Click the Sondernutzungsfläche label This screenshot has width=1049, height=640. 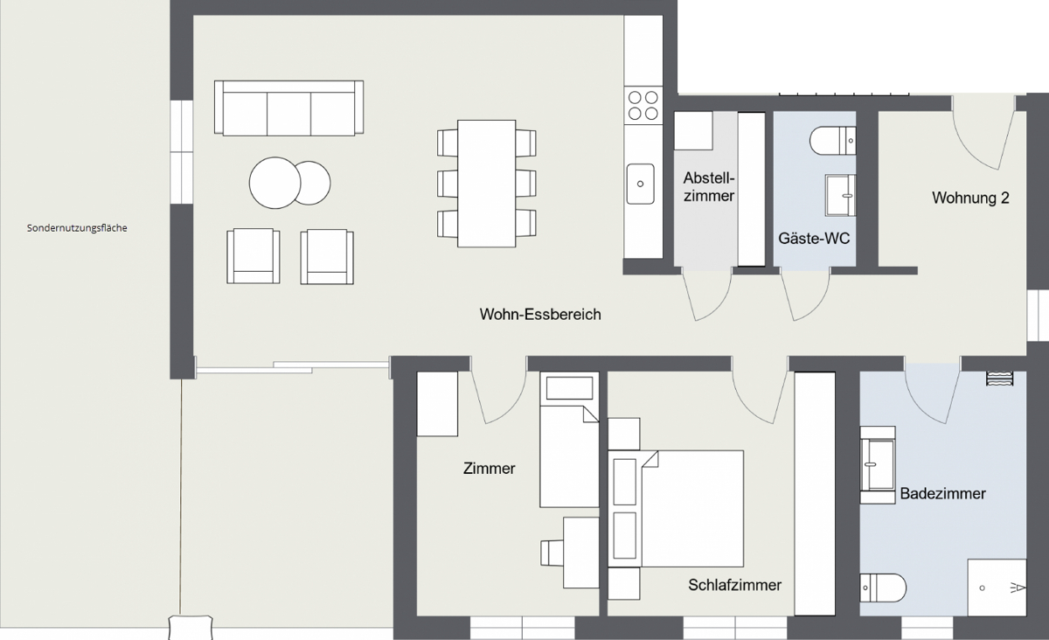[x=77, y=228]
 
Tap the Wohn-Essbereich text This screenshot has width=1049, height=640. [x=540, y=314]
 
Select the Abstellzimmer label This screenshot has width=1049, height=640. [x=709, y=186]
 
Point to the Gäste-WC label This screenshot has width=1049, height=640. [x=814, y=238]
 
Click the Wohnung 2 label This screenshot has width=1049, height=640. [x=970, y=198]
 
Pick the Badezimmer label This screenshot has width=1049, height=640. [x=942, y=493]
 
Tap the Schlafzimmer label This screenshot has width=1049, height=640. [x=735, y=585]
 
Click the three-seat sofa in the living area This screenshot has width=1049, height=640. [x=289, y=108]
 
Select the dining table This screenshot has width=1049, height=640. [x=487, y=184]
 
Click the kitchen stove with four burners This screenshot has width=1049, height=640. [x=643, y=106]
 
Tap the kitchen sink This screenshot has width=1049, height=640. [x=640, y=184]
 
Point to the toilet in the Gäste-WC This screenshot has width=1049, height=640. [x=833, y=141]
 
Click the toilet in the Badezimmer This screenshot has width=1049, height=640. [x=883, y=588]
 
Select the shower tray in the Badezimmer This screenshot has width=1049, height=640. [x=997, y=587]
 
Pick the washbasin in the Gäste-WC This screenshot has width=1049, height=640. [x=841, y=195]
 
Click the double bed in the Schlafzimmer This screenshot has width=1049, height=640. [x=676, y=509]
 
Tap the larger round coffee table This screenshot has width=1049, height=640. [x=274, y=183]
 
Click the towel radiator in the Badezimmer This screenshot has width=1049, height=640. [x=1000, y=378]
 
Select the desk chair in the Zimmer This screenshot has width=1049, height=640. [x=552, y=553]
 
